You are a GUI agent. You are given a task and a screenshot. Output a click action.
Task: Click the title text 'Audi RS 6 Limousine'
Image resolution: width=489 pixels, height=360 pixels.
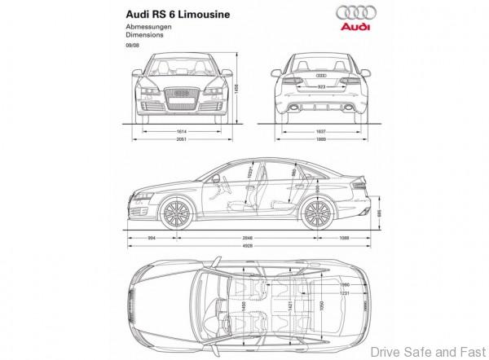point(175,15)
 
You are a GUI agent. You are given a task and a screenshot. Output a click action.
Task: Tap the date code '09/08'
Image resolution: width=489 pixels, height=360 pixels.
point(132,46)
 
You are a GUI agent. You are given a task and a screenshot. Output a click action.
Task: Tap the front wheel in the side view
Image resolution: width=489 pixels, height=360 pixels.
point(174,213)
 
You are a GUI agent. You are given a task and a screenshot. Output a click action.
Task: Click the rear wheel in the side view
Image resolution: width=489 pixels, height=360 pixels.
point(313,213)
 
